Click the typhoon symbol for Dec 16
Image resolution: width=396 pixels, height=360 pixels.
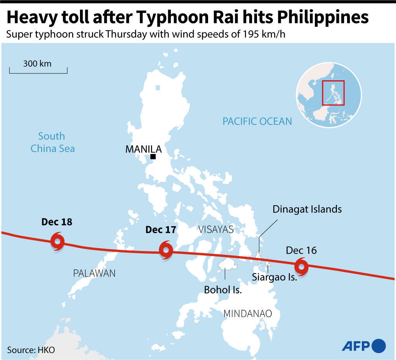pyautogui.click(x=301, y=267)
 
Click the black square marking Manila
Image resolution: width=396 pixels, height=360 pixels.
pyautogui.click(x=153, y=157)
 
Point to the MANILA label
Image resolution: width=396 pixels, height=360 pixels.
pyautogui.click(x=143, y=149)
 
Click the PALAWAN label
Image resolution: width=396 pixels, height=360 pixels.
pyautogui.click(x=94, y=273)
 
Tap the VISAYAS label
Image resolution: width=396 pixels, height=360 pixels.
pyautogui.click(x=216, y=229)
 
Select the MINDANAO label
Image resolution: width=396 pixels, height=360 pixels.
pyautogui.click(x=248, y=313)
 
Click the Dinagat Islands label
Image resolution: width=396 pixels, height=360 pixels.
pyautogui.click(x=307, y=209)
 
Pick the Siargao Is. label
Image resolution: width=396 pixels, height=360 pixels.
pyautogui.click(x=274, y=277)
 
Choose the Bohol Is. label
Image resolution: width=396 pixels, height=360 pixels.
pyautogui.click(x=223, y=290)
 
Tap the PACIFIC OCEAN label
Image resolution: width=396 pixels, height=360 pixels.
pyautogui.click(x=257, y=121)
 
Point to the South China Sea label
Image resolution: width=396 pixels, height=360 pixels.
pyautogui.click(x=52, y=142)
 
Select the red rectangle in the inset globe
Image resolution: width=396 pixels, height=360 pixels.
pyautogui.click(x=333, y=93)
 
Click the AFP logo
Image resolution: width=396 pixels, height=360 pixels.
pyautogui.click(x=363, y=345)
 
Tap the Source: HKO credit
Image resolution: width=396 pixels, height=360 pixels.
pyautogui.click(x=31, y=350)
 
